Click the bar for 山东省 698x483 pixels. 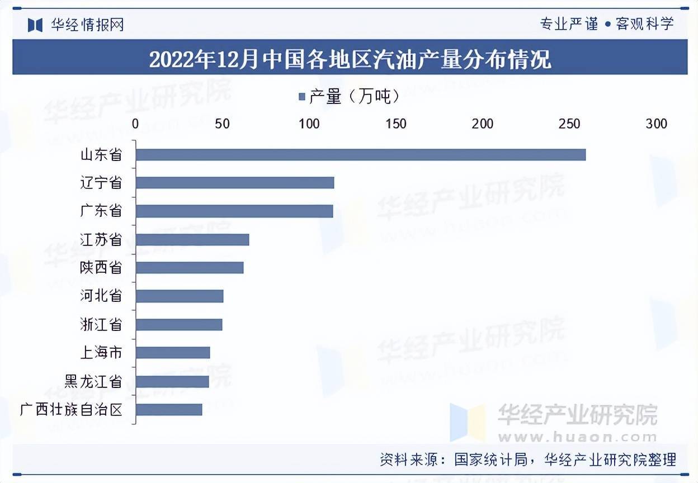coord(361,155)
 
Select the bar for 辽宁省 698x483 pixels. coord(235,183)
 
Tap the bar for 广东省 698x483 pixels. coord(234,211)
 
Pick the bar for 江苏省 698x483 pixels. coord(192,240)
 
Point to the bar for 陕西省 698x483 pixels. coord(190,268)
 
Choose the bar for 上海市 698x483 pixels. coord(173,353)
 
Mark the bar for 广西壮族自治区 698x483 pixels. coord(169,410)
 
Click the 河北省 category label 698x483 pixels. coord(101,296)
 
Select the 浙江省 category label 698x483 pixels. coord(101,324)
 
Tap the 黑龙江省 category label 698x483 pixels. coord(93,381)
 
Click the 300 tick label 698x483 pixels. coord(656,124)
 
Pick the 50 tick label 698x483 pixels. coord(222,124)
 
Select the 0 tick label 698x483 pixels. coord(135,124)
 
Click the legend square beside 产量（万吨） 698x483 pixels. coord(302,97)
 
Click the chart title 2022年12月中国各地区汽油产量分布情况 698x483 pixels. coord(350,58)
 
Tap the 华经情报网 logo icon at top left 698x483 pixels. coord(35,25)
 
